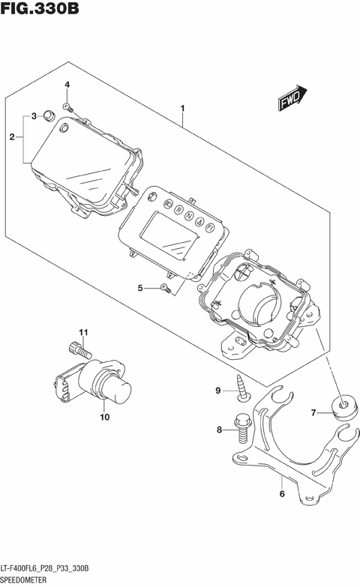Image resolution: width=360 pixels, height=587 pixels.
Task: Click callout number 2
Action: (x=12, y=137)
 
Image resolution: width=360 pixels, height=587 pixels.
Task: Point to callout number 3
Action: (x=33, y=116)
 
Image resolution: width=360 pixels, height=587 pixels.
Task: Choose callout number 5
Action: (x=139, y=288)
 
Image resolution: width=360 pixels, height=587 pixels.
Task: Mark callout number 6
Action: (x=281, y=494)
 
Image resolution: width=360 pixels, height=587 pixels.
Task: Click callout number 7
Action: (x=315, y=412)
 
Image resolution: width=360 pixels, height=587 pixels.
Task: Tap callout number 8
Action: (x=219, y=430)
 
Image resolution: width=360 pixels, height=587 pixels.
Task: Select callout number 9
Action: (x=219, y=391)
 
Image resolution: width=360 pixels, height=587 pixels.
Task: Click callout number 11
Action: (x=84, y=332)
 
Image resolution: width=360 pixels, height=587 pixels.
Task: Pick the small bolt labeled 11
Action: (x=79, y=349)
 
